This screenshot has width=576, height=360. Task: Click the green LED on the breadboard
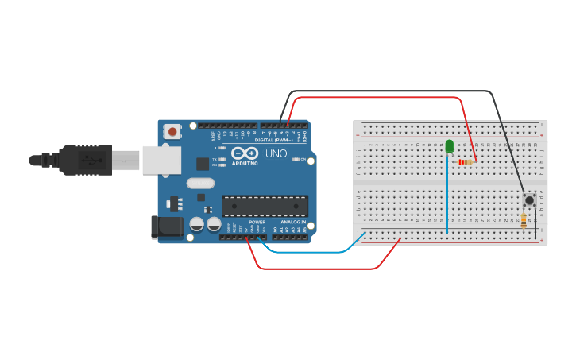click(x=450, y=145)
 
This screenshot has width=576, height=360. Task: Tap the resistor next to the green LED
click(x=465, y=162)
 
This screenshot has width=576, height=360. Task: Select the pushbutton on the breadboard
click(x=528, y=199)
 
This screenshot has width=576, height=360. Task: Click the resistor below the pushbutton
click(x=524, y=220)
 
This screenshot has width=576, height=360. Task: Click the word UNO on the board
click(x=276, y=153)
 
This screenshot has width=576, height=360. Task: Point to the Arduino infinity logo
click(x=245, y=153)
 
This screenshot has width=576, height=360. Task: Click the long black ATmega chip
click(x=265, y=207)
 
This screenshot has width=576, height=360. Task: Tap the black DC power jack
click(x=168, y=227)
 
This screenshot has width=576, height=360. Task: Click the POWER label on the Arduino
click(x=257, y=222)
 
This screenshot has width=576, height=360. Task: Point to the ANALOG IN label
click(x=292, y=222)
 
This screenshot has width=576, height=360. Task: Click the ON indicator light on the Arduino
click(x=295, y=159)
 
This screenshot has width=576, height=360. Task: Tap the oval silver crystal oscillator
click(x=201, y=184)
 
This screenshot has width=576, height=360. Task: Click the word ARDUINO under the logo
click(x=245, y=163)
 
